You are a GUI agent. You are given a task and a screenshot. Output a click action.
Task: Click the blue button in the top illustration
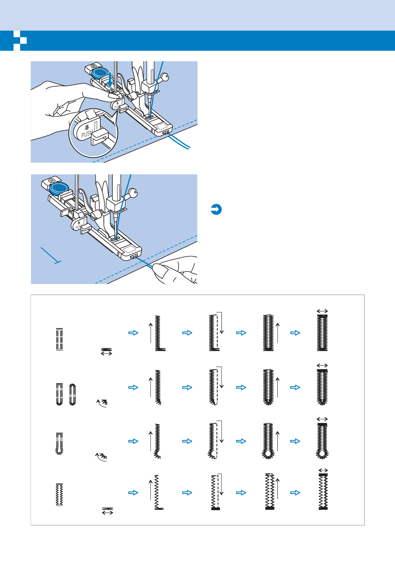point(100,72)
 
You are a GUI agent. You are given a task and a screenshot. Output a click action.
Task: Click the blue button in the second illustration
point(59,188)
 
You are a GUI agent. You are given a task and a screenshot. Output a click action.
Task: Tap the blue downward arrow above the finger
point(110,80)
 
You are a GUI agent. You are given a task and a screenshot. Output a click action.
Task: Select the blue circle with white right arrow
point(216,210)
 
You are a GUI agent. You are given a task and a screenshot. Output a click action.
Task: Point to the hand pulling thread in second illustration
point(176,270)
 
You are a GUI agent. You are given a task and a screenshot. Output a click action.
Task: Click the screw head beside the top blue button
point(94,66)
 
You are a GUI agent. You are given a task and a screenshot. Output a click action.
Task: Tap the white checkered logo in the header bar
point(20,41)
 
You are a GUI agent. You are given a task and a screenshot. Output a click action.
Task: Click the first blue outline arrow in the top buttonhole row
point(133,333)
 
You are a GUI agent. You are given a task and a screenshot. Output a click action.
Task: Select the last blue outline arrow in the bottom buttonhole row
point(295,493)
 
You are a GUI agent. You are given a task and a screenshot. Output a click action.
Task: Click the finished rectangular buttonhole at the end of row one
point(322,332)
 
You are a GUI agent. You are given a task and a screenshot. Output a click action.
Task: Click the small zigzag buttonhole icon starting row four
point(59,495)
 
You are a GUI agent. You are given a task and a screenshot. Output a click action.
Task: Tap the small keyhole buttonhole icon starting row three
point(59,444)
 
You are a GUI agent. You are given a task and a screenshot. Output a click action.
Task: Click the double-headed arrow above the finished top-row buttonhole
point(322,311)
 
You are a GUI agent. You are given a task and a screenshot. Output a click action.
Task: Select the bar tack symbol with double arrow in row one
point(106,351)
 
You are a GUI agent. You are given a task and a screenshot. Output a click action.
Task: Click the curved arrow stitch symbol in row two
point(102,403)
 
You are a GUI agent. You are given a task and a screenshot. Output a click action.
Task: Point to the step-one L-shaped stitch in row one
point(159,333)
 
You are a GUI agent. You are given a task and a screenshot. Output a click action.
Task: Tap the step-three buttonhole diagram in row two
point(268,387)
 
